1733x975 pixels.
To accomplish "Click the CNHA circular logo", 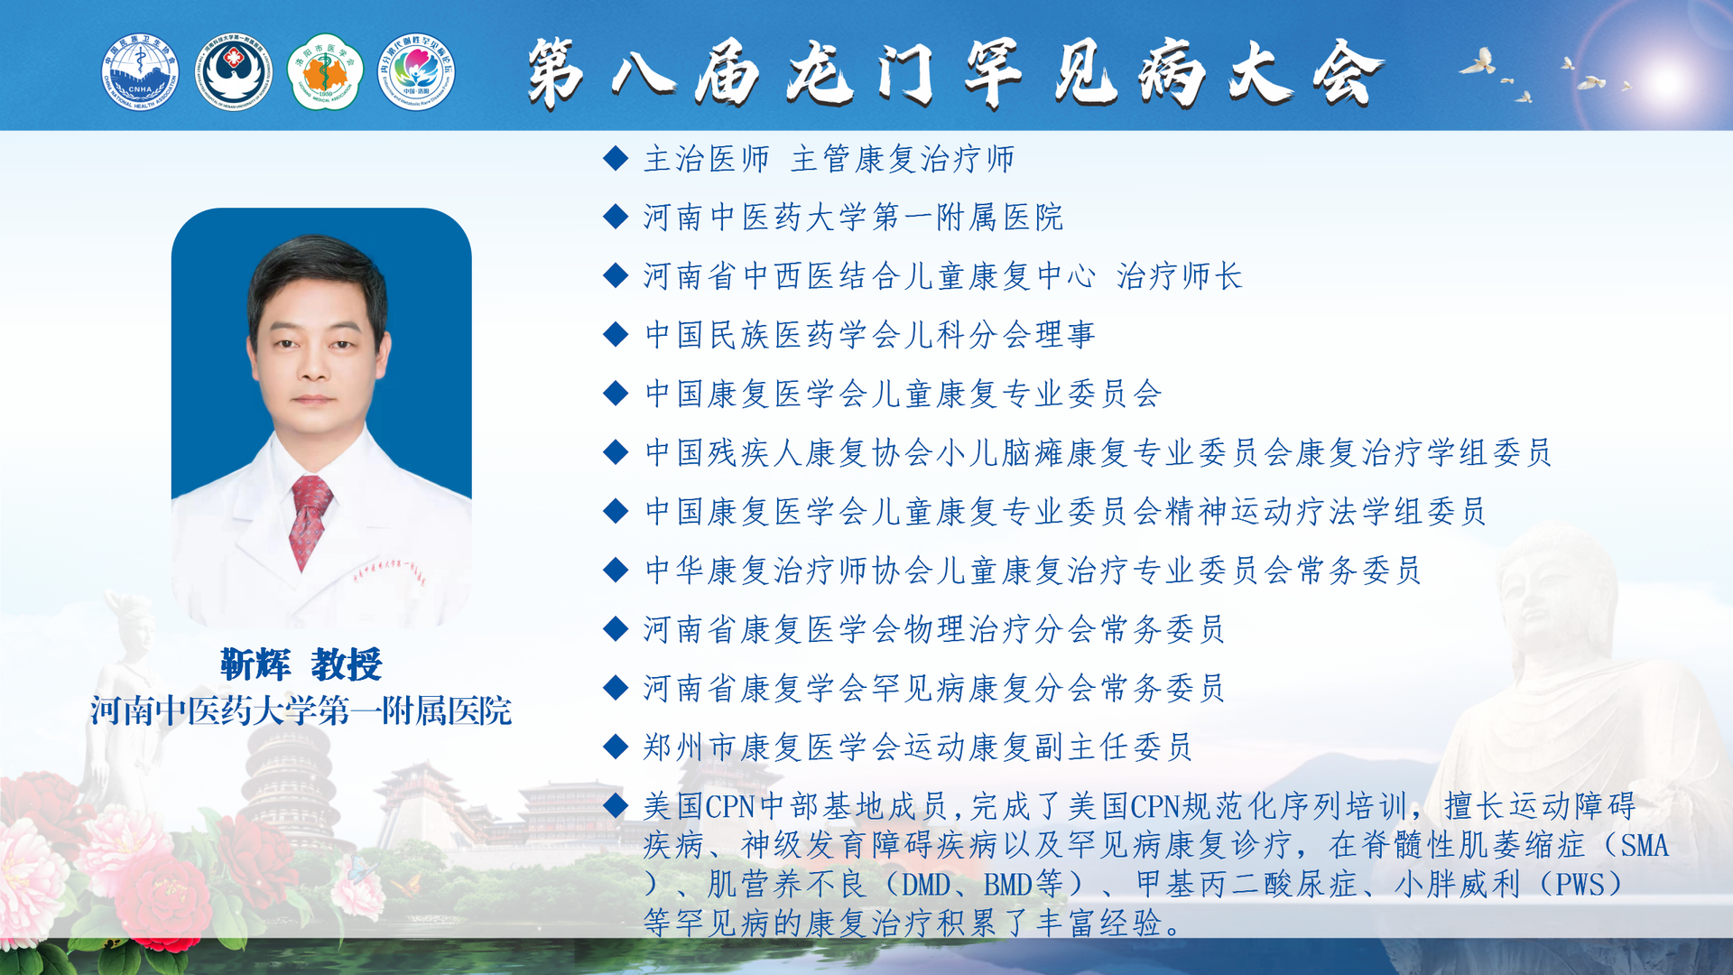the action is point(140,72).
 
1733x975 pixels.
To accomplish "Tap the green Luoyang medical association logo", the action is point(325,72).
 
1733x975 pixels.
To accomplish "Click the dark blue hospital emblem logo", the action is point(233,72).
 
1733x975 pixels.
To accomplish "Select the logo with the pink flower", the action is point(416,72).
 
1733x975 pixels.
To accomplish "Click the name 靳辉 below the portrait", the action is point(255,665).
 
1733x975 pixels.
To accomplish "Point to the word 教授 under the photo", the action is point(347,665).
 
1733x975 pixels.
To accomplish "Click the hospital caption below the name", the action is point(301,711).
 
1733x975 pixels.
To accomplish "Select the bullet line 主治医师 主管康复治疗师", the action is point(829,160).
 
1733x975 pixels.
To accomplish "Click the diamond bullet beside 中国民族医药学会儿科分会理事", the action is point(616,334).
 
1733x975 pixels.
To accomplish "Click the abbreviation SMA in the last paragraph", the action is point(1645,846).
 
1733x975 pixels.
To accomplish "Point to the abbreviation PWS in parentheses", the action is point(1580,885).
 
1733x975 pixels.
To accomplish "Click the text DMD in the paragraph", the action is point(926,885).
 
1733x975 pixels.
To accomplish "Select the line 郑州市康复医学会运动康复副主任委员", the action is point(917,747).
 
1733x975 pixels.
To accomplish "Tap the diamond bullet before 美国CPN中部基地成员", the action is point(616,804).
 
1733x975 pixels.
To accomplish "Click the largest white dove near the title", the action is point(1478,62).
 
